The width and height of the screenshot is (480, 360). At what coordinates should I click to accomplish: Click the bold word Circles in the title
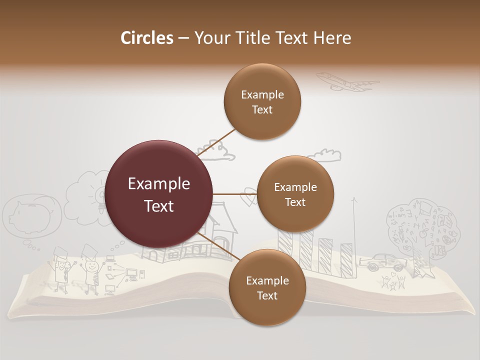[x=146, y=38]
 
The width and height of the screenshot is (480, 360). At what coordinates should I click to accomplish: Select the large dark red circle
[x=159, y=194]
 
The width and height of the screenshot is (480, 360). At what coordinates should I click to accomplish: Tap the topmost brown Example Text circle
[x=262, y=102]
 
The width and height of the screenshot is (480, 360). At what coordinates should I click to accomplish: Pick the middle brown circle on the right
[x=295, y=194]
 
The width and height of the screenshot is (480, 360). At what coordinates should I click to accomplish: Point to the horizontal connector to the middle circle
[x=234, y=194]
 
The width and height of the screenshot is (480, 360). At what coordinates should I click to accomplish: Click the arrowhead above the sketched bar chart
[x=355, y=200]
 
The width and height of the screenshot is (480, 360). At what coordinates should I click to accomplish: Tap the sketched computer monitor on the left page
[x=132, y=273]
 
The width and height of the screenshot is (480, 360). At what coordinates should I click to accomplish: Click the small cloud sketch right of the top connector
[x=325, y=155]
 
